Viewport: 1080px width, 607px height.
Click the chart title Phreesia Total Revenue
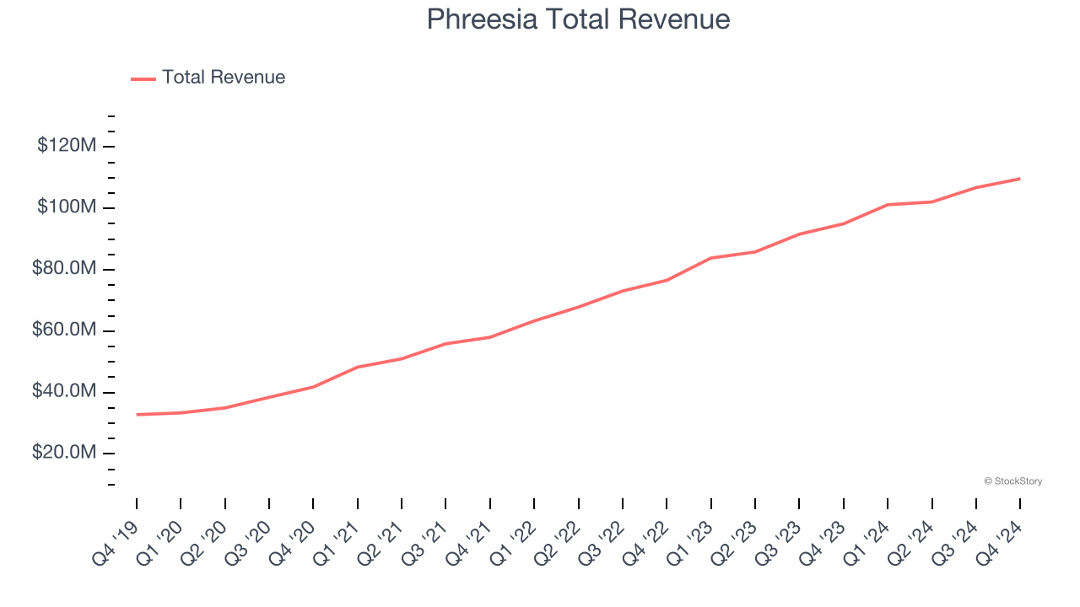(x=578, y=19)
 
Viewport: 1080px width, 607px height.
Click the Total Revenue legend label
(x=224, y=78)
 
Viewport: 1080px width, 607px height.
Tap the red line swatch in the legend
(x=143, y=78)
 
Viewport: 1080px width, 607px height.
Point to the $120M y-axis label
(x=67, y=146)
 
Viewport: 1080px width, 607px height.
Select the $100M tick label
(x=67, y=207)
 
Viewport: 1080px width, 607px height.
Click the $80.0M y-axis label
(x=64, y=269)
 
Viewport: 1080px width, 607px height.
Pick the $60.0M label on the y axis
(x=64, y=330)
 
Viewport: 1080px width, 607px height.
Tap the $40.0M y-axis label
(x=64, y=392)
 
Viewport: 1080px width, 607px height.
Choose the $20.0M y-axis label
(x=64, y=454)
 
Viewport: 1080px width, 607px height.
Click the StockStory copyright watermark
(x=1012, y=481)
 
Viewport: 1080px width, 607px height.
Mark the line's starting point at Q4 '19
(x=137, y=415)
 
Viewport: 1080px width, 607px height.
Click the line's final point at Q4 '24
(x=1020, y=179)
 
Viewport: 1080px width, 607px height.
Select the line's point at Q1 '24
(x=888, y=205)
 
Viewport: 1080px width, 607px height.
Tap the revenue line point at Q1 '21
(x=358, y=368)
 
